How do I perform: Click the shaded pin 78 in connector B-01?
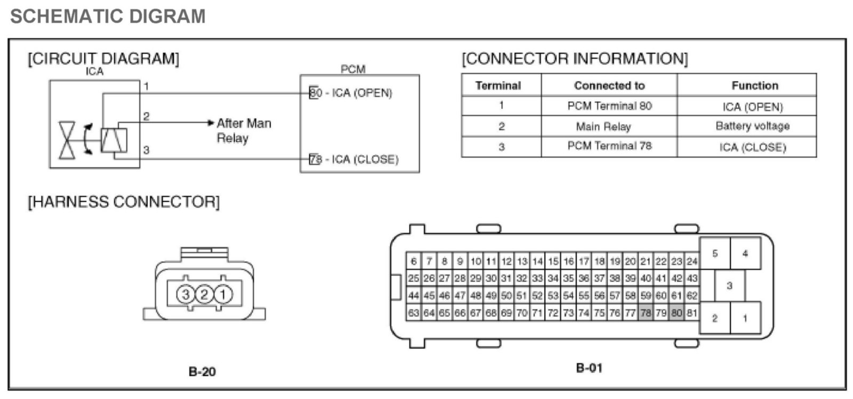646,313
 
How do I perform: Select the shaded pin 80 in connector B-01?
677,313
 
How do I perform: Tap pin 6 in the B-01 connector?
414,261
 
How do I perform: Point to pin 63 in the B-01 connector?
413,313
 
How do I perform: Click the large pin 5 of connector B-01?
715,254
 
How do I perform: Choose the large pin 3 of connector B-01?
729,286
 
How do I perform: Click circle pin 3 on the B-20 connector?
186,294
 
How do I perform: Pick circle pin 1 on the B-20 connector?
223,294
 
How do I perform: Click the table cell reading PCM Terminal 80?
609,105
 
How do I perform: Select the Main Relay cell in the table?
603,126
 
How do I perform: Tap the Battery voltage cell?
752,126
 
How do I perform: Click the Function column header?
754,85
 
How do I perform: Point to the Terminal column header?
498,85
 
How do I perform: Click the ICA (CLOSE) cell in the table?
752,147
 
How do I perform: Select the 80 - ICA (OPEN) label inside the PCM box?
351,93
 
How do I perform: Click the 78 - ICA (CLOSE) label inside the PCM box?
354,159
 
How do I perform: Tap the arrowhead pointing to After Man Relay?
211,123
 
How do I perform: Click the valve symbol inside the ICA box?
67,140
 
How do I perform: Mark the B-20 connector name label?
202,371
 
